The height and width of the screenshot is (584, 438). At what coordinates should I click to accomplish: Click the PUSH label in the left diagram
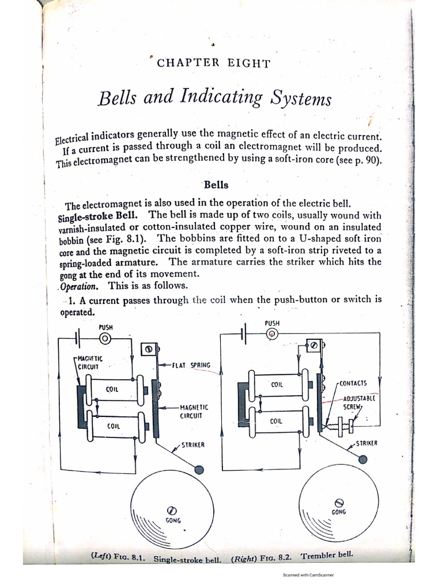click(106, 327)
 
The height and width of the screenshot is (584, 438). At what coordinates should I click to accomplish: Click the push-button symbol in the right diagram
click(272, 334)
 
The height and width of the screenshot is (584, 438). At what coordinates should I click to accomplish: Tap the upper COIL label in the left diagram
click(112, 390)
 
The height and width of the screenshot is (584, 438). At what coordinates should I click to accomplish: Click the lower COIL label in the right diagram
click(277, 421)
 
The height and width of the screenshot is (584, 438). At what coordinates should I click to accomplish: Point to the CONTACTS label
click(352, 383)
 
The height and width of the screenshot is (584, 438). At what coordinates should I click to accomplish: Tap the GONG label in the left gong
click(173, 521)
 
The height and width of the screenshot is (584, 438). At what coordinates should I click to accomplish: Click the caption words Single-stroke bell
click(187, 560)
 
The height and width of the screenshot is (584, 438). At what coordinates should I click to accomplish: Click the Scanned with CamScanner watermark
click(308, 575)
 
